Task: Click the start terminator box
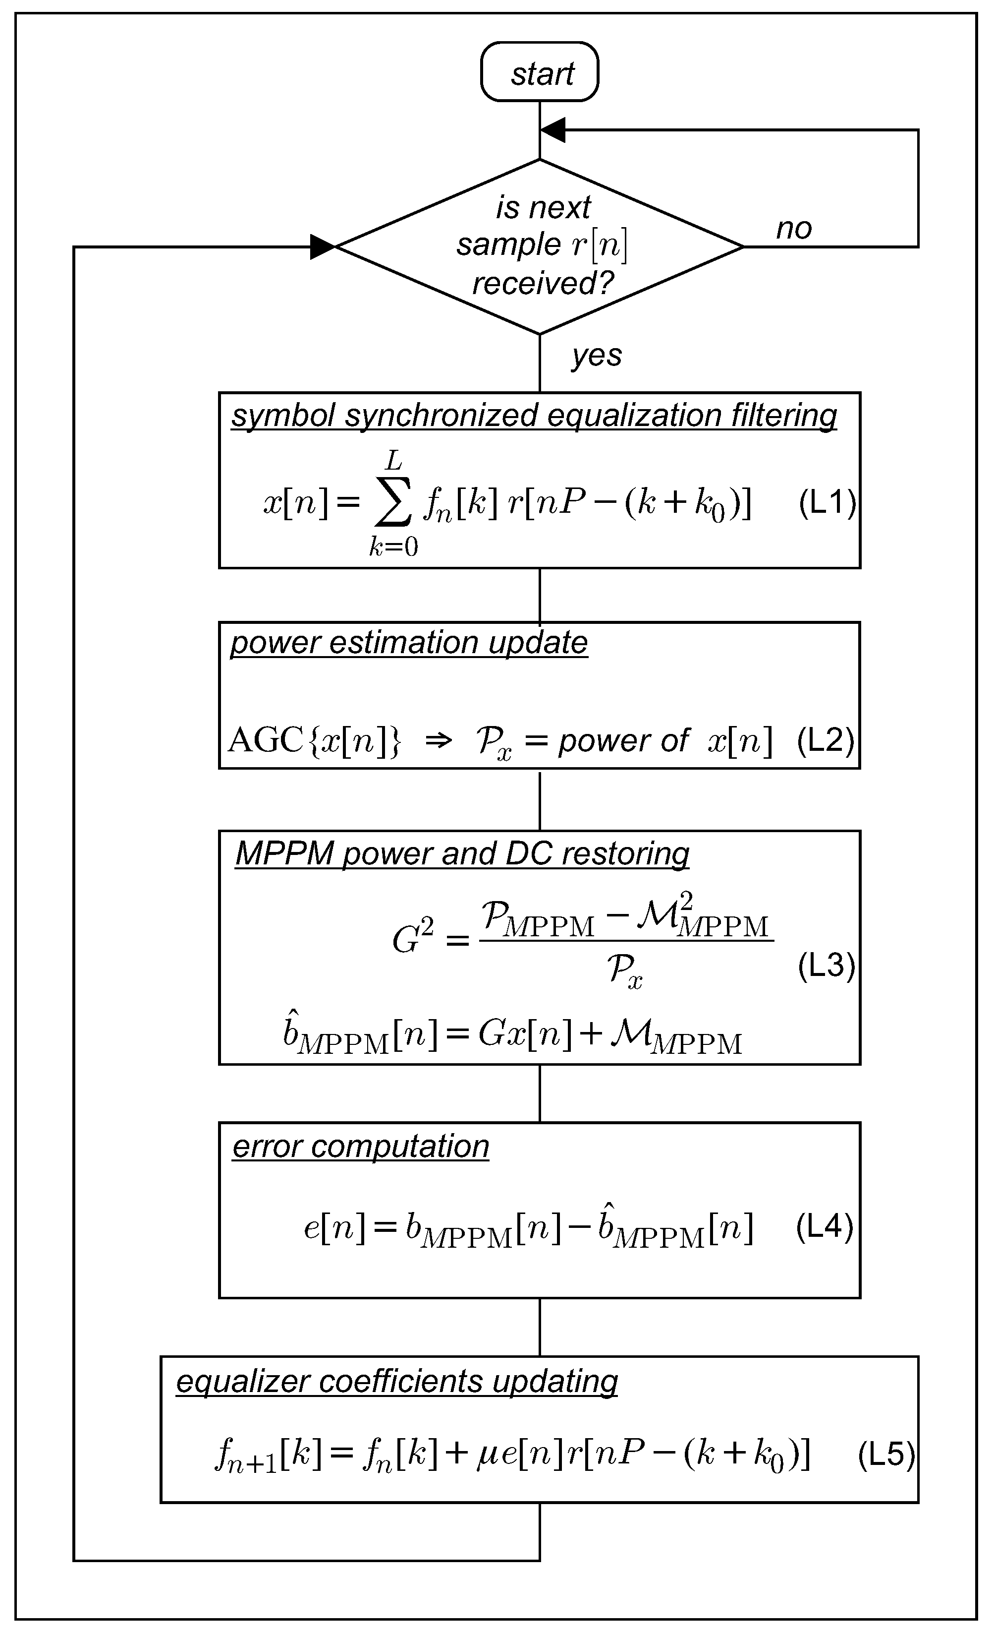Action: [540, 72]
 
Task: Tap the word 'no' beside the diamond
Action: [793, 229]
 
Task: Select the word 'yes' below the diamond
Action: [597, 356]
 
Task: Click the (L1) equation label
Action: [827, 502]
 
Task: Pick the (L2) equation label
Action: [825, 740]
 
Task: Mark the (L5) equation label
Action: [885, 1455]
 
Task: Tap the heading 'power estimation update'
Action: [409, 643]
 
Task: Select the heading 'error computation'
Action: [361, 1146]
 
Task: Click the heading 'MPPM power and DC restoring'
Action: [462, 853]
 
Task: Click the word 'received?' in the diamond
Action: [542, 284]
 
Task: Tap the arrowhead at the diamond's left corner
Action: [324, 246]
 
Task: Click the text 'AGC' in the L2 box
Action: [266, 740]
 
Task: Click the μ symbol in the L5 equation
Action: [488, 1455]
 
